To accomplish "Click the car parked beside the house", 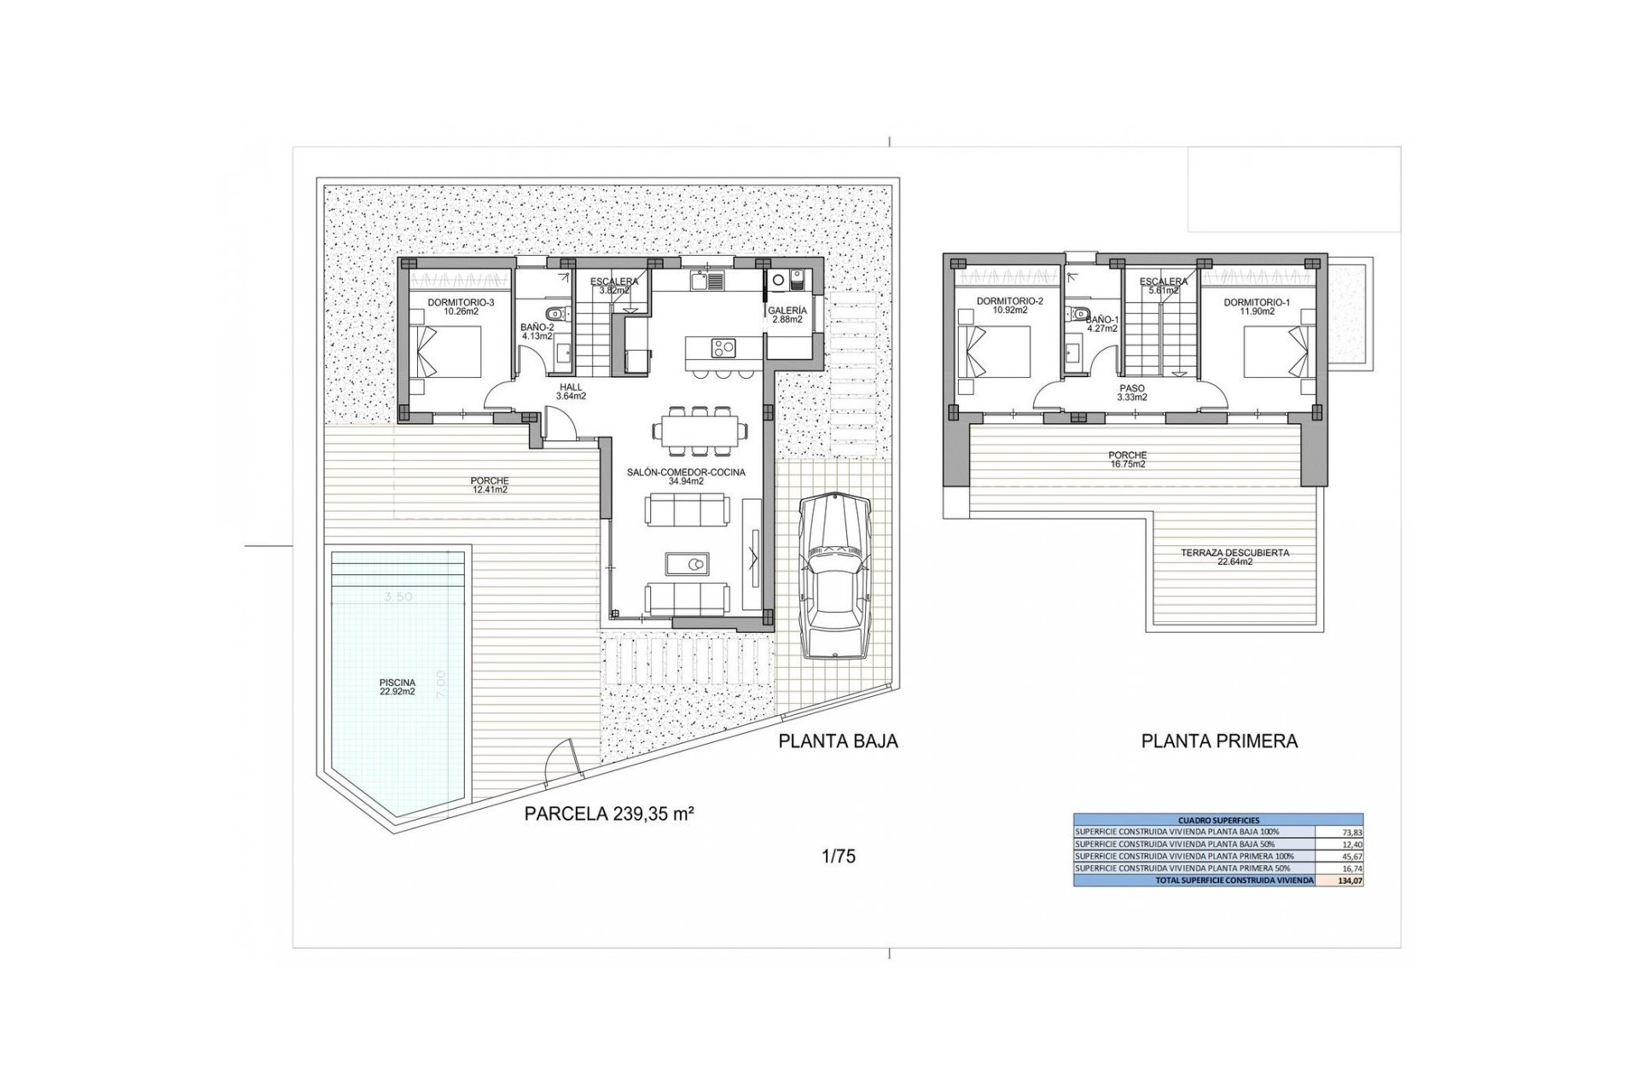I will pos(835,578).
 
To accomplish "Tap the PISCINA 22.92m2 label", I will pos(398,687).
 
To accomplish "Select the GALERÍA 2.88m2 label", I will pos(787,315).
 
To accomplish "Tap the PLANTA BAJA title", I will pos(838,741).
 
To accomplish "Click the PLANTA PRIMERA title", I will pos(1219,741).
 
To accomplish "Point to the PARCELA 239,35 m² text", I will pos(608,814).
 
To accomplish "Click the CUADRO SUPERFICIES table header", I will pos(1218,820).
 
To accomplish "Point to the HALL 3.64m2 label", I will pos(571,392).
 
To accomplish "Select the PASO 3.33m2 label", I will pos(1132,392).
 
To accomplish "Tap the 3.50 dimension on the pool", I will pos(398,597).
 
